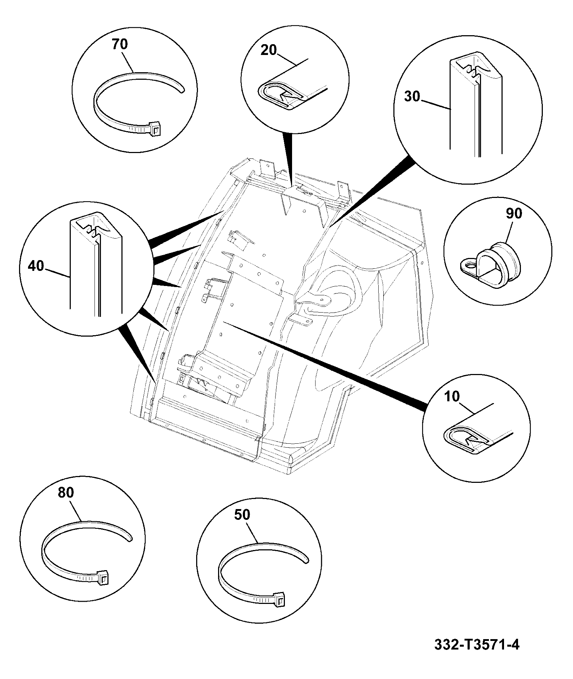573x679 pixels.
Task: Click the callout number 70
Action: click(120, 45)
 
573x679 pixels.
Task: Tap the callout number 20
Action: click(269, 50)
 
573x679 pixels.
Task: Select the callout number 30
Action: click(412, 97)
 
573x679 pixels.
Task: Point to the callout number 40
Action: click(36, 266)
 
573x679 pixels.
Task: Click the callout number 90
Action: click(514, 213)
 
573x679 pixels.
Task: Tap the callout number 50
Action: click(242, 515)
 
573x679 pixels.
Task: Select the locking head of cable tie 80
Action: click(102, 578)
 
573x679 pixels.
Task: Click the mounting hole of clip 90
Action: click(470, 265)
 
